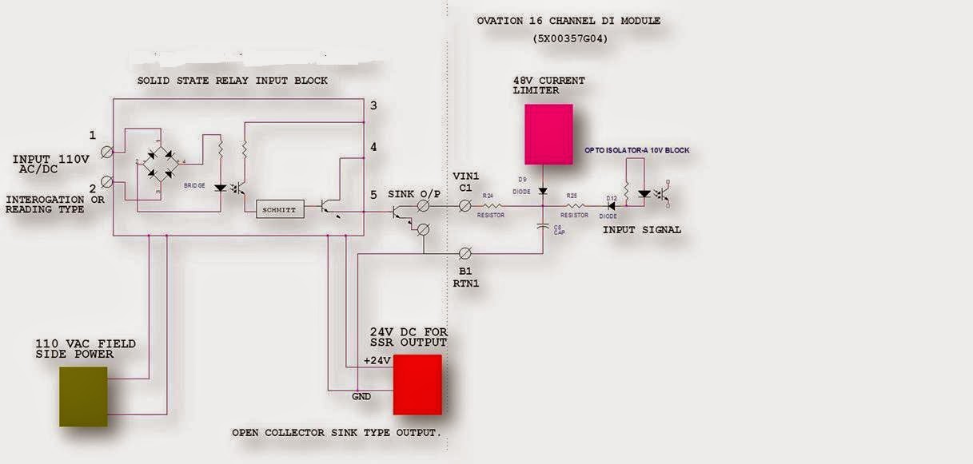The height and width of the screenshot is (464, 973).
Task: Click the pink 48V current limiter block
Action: pyautogui.click(x=548, y=133)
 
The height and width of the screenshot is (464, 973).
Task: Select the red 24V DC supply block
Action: pyautogui.click(x=417, y=384)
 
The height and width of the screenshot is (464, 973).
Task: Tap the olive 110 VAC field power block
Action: pyautogui.click(x=83, y=397)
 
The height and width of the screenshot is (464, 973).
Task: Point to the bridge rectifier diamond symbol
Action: pyautogui.click(x=158, y=167)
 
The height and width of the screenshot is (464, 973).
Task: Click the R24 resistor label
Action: pyautogui.click(x=487, y=195)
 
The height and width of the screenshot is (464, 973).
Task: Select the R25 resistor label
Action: pyautogui.click(x=572, y=195)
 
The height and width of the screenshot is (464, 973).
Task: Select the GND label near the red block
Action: pyautogui.click(x=362, y=395)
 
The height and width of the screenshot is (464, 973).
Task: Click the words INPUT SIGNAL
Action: pyautogui.click(x=642, y=229)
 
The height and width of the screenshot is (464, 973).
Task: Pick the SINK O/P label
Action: pyautogui.click(x=414, y=194)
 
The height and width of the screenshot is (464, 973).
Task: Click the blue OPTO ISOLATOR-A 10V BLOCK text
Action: pyautogui.click(x=636, y=150)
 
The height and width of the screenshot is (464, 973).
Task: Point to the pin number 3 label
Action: pyautogui.click(x=373, y=105)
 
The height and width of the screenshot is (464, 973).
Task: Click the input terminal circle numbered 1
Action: pyautogui.click(x=117, y=150)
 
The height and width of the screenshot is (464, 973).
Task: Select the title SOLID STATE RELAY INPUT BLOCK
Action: pyautogui.click(x=232, y=81)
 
